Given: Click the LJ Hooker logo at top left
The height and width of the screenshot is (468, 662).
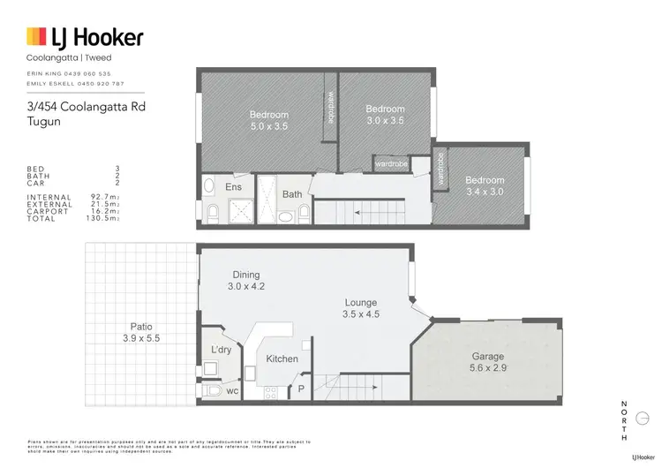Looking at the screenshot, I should coord(85,37).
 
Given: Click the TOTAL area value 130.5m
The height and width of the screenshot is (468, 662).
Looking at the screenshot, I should coord(104,218).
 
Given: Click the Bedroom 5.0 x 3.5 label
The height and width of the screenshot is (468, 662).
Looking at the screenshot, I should coord(268,120).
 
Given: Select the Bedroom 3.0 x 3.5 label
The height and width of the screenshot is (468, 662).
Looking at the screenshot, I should coord(385,115).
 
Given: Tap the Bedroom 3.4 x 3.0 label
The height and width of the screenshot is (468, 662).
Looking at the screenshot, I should coord(485,186).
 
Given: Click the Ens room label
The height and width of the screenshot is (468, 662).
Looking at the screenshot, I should coord(234,187).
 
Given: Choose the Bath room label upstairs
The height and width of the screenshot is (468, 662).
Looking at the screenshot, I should coord(292,194).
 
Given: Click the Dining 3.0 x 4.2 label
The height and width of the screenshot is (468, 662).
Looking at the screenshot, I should coord(246,280).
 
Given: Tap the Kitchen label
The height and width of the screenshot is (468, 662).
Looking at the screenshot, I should coord(282,359).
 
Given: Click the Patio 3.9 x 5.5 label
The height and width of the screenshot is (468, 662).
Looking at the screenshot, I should coord(141,333).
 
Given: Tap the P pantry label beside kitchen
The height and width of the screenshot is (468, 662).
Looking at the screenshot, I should coord(301,387).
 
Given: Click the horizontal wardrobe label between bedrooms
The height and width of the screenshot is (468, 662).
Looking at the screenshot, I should coord(390,163).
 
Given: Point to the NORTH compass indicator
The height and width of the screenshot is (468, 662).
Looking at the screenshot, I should coord(625,419).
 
